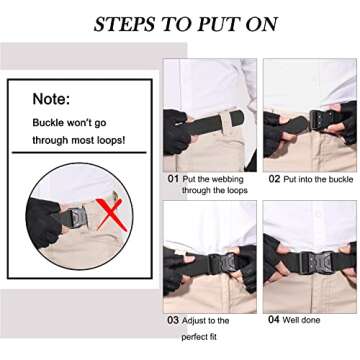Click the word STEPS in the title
125,24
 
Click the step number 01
173,179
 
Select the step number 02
273,179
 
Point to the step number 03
173,320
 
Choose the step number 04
273,320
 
